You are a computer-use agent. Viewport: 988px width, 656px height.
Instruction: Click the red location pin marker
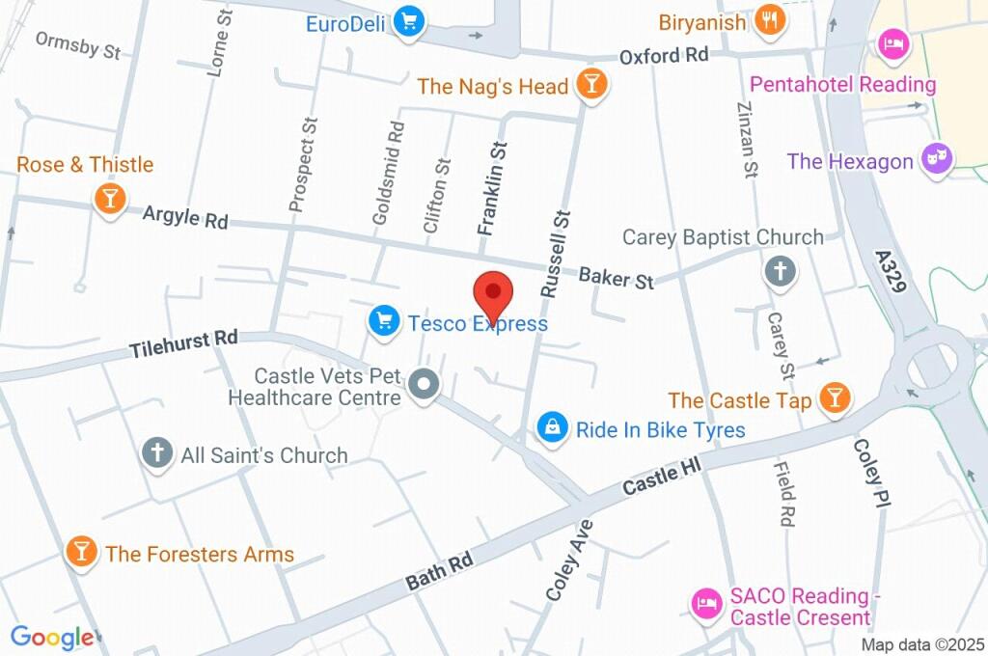[493, 294]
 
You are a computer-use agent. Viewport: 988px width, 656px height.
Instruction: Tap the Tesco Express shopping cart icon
[385, 322]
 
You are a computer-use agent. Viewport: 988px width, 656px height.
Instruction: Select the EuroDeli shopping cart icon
[411, 20]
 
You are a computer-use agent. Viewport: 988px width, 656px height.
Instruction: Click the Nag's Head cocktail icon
[590, 86]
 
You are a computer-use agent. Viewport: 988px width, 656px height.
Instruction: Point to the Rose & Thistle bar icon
[109, 199]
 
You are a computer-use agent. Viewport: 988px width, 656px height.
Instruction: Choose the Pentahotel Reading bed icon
[891, 43]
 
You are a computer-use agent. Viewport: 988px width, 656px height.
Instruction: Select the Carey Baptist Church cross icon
[780, 271]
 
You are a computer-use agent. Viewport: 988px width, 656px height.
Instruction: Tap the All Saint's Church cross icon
[156, 453]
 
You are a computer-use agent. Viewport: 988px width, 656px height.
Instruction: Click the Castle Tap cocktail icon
[834, 397]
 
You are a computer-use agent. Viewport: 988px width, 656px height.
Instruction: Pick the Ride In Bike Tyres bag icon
[553, 428]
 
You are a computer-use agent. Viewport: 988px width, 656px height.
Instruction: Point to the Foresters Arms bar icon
[81, 553]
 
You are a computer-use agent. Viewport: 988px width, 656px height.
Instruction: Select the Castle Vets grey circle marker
[423, 386]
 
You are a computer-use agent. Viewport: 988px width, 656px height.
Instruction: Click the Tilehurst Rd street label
[183, 342]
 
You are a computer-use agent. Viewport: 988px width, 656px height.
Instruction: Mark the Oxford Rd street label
[664, 55]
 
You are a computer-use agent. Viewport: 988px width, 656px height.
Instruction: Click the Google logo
[52, 637]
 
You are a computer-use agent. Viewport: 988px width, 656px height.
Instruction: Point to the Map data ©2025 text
[921, 644]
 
